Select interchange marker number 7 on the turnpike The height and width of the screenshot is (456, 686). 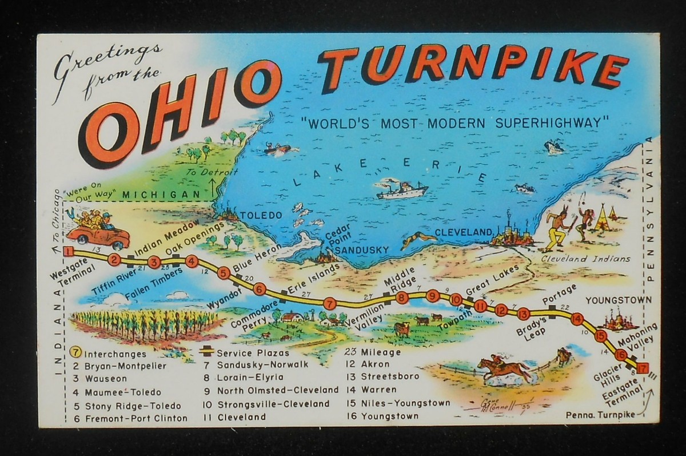point(329,303)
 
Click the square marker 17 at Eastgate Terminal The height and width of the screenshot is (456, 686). point(643,368)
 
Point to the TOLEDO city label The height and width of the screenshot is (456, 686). point(261,216)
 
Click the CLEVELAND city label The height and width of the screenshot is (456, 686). point(463,232)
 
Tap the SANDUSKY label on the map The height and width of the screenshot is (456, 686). point(362,249)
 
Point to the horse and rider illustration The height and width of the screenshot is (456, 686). point(504,369)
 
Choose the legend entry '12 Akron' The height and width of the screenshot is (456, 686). point(368,364)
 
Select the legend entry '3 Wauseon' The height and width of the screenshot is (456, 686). point(100,379)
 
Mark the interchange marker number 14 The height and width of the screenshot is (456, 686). point(577,319)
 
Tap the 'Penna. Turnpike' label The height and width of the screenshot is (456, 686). point(600,415)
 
